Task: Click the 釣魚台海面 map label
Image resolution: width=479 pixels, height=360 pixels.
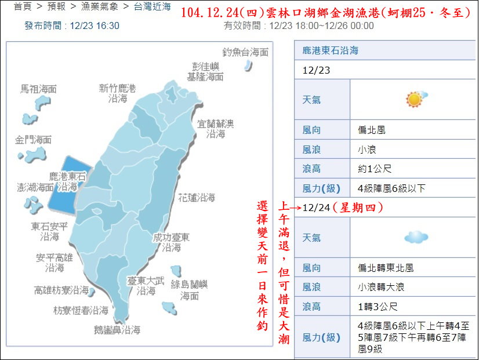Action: pos(246,52)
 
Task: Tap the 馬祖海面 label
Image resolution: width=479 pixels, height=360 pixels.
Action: pos(39,89)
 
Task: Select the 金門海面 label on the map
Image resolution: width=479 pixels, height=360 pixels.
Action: pos(34,140)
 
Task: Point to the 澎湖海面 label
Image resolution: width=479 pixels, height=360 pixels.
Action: pos(36,188)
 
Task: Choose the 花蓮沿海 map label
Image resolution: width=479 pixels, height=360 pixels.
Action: pos(197,198)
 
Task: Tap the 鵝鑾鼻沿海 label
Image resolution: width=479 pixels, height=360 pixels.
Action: pos(117,330)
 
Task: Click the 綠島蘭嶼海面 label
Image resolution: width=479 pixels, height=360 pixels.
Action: pos(190,290)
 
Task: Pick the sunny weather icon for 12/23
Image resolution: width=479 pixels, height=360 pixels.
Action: pos(415,99)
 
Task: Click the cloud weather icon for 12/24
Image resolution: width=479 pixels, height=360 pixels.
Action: pos(416,237)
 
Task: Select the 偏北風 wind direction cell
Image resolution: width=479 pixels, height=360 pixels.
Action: pos(372,130)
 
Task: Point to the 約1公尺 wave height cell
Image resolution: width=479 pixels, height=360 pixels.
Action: pos(375,169)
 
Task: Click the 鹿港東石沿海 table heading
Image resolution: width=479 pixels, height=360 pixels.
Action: pos(331,50)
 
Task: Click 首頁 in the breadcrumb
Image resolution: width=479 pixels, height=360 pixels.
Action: pos(23,8)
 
